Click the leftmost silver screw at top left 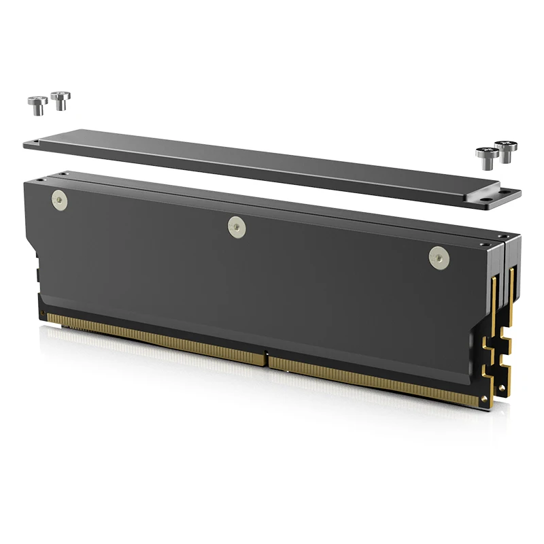37,104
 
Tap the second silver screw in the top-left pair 61,100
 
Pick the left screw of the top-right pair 487,157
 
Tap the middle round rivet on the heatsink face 236,226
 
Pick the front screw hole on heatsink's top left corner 39,180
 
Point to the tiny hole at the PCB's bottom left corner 43,313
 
